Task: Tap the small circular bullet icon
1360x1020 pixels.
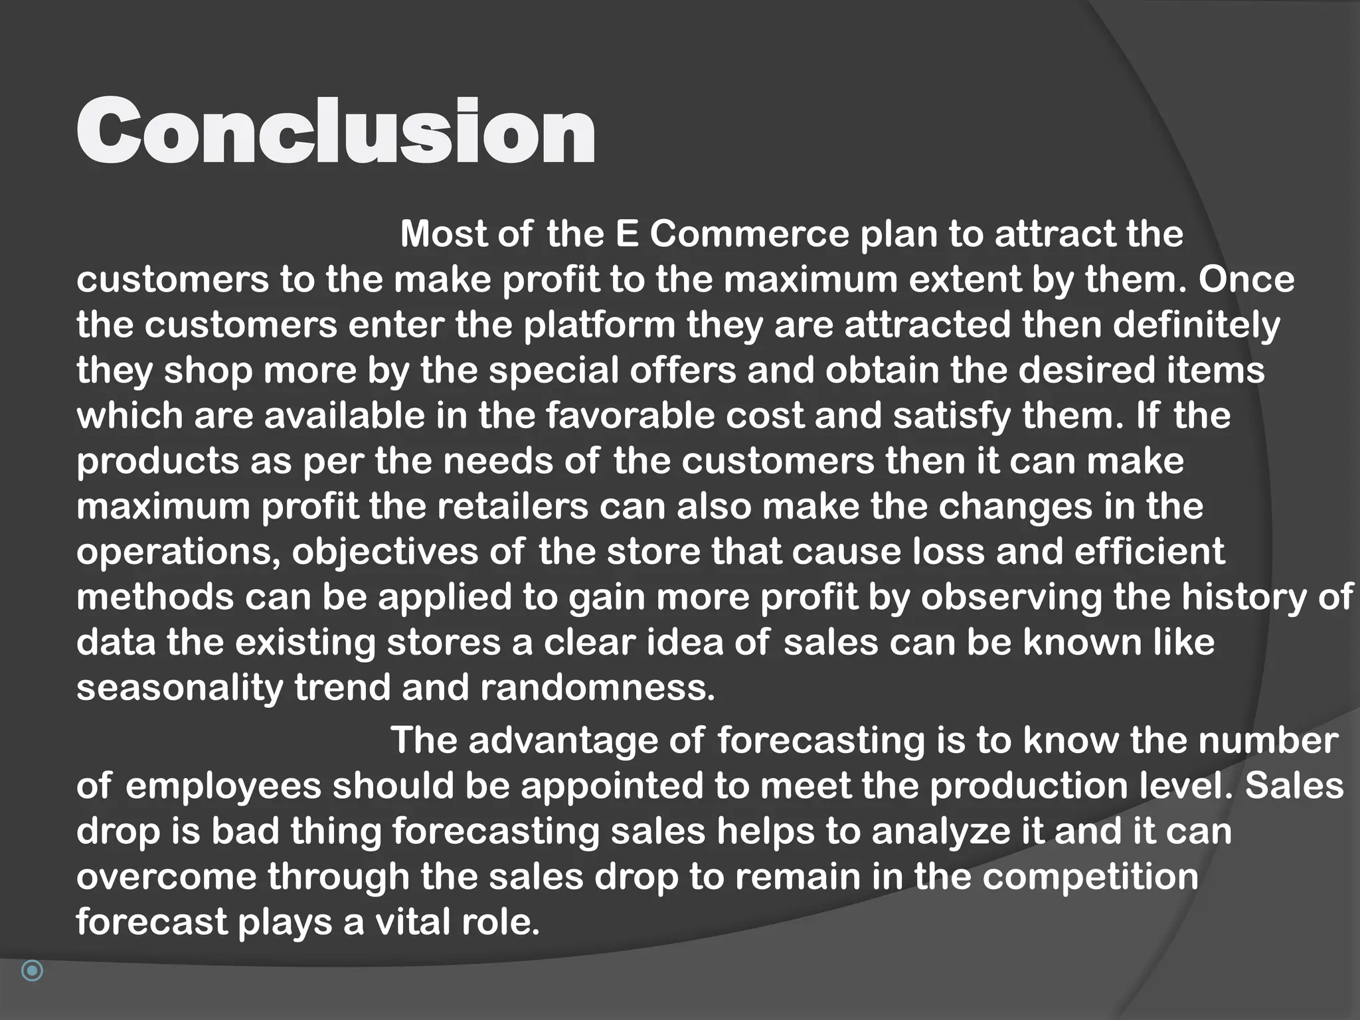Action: pyautogui.click(x=32, y=970)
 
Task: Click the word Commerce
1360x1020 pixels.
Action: pyautogui.click(x=749, y=234)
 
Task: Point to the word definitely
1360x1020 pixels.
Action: pyautogui.click(x=1195, y=325)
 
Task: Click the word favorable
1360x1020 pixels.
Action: pyautogui.click(x=630, y=416)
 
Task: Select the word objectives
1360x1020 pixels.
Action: pyautogui.click(x=384, y=552)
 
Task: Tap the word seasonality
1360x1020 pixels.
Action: pyautogui.click(x=179, y=687)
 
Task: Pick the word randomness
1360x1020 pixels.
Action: pyautogui.click(x=598, y=687)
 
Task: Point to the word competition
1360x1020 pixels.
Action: pyautogui.click(x=1090, y=877)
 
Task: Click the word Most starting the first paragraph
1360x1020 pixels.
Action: pyautogui.click(x=443, y=234)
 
